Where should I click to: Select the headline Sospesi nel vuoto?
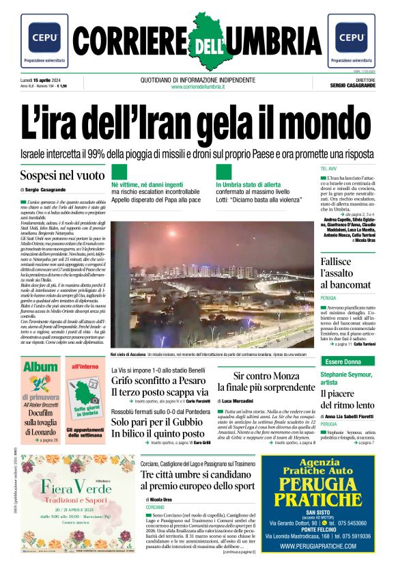pyautogui.click(x=62, y=176)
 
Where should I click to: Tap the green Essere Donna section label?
pyautogui.click(x=343, y=361)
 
